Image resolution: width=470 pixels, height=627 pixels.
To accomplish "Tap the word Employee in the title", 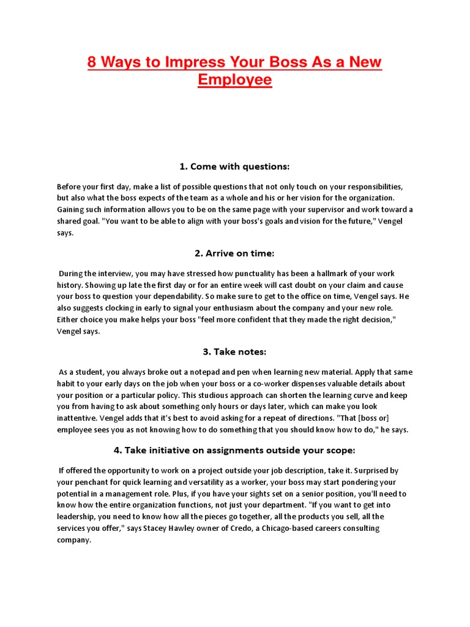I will click(x=235, y=80).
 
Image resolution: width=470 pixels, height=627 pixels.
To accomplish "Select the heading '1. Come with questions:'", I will click(x=234, y=167).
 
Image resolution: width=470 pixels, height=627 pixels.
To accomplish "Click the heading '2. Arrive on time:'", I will click(x=234, y=253).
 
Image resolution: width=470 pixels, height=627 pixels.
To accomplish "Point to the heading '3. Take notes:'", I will click(x=234, y=351).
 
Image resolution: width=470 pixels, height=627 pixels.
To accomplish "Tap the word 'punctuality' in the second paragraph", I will click(x=234, y=274).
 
